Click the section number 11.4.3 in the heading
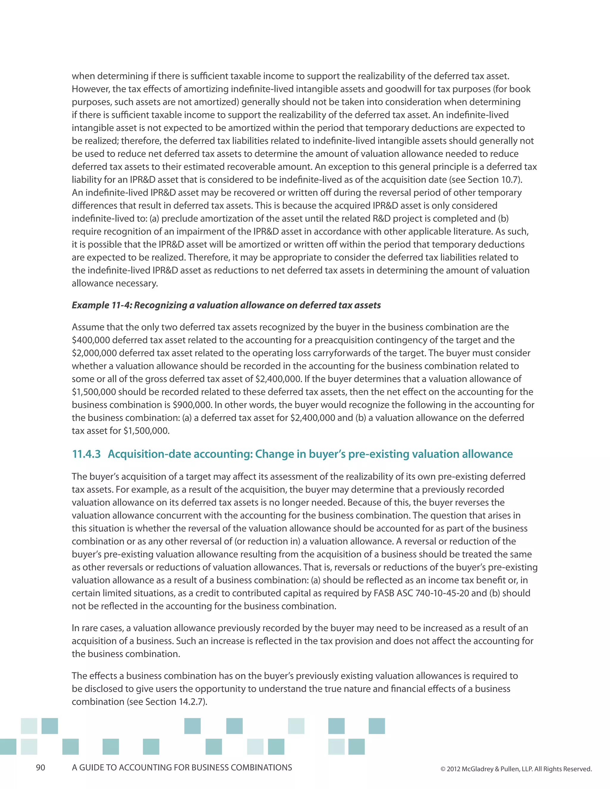[86, 454]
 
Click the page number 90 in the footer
[41, 768]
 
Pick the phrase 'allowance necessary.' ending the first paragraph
[115, 283]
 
